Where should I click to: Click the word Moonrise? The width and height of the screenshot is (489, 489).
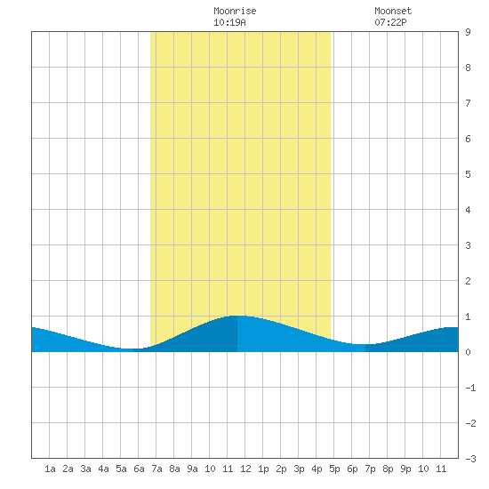pyautogui.click(x=235, y=11)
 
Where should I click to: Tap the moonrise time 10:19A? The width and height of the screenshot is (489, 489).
pyautogui.click(x=229, y=22)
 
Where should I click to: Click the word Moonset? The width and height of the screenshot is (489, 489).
pyautogui.click(x=393, y=11)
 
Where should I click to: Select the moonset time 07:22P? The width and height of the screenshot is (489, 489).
pyautogui.click(x=390, y=22)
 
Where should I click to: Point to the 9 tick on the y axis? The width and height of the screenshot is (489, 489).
pyautogui.click(x=468, y=32)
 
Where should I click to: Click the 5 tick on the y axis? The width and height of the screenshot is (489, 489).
pyautogui.click(x=468, y=174)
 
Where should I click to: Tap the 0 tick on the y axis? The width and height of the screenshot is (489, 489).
pyautogui.click(x=468, y=352)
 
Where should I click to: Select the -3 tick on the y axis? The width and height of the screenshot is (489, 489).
pyautogui.click(x=470, y=459)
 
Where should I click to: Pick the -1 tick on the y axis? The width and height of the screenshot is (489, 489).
pyautogui.click(x=470, y=388)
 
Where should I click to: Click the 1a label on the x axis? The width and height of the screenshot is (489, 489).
pyautogui.click(x=50, y=469)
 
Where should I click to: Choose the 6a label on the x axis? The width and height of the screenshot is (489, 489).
pyautogui.click(x=139, y=469)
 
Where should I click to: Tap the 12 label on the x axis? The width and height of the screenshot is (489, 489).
pyautogui.click(x=245, y=469)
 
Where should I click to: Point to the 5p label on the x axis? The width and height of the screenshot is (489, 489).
pyautogui.click(x=334, y=469)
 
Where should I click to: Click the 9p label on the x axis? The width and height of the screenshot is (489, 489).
pyautogui.click(x=405, y=469)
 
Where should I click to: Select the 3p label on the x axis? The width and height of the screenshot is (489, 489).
pyautogui.click(x=299, y=469)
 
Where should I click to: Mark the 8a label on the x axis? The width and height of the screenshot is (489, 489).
pyautogui.click(x=174, y=469)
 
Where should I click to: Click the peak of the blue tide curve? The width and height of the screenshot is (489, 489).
pyautogui.click(x=237, y=316)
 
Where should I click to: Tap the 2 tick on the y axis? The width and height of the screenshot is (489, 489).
pyautogui.click(x=468, y=281)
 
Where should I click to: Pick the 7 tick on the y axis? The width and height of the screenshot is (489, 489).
pyautogui.click(x=468, y=103)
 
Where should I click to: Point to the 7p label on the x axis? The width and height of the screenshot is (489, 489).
pyautogui.click(x=370, y=469)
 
